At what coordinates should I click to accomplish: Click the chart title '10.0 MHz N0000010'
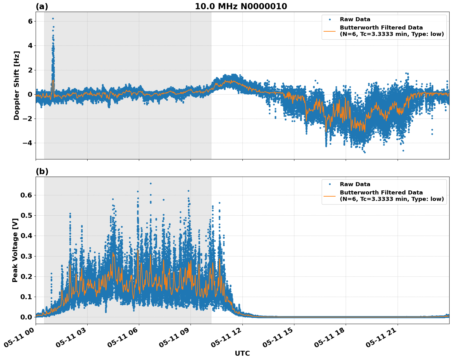click(x=241, y=6)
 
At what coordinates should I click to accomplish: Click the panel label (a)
click(x=42, y=6)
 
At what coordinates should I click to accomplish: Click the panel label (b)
click(x=42, y=171)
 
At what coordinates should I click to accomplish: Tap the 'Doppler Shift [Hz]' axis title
click(x=17, y=85)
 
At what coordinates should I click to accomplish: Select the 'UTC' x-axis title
click(x=242, y=353)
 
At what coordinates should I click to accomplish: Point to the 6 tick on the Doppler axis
click(x=30, y=21)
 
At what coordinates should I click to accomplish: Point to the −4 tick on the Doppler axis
click(x=28, y=143)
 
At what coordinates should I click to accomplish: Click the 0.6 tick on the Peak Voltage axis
click(x=27, y=195)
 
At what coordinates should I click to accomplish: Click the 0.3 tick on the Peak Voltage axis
click(x=27, y=256)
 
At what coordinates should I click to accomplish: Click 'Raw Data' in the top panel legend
click(x=355, y=19)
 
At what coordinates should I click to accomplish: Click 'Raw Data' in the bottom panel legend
click(x=355, y=184)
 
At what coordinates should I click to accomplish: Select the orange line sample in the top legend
click(x=329, y=31)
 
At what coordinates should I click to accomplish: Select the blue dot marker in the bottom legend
click(x=329, y=184)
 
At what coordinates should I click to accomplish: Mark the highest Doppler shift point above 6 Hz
click(x=53, y=18)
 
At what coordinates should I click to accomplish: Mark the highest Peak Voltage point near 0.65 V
click(x=151, y=183)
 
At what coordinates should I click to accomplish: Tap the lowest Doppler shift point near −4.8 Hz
click(x=365, y=152)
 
